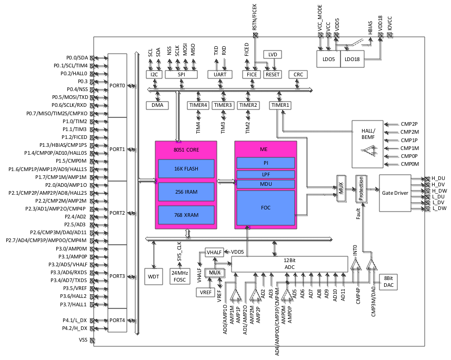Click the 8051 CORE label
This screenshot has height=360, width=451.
click(186, 150)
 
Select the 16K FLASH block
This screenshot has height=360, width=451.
click(186, 169)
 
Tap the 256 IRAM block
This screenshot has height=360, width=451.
click(186, 192)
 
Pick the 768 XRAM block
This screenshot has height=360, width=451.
click(186, 215)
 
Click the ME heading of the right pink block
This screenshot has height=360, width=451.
click(264, 149)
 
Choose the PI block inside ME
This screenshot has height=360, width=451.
click(266, 163)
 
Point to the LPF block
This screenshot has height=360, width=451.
click(266, 174)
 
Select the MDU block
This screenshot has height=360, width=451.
click(266, 184)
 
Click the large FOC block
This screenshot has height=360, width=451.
click(266, 208)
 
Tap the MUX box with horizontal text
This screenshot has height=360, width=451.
click(215, 274)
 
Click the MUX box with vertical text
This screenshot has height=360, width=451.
click(342, 189)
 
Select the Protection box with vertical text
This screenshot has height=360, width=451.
click(362, 189)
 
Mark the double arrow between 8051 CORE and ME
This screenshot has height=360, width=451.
click(226, 182)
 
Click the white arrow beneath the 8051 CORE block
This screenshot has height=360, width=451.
click(188, 233)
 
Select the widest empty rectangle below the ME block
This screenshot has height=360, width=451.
click(289, 264)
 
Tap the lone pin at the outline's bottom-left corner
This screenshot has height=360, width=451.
click(93, 341)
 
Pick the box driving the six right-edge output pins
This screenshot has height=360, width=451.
click(395, 193)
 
